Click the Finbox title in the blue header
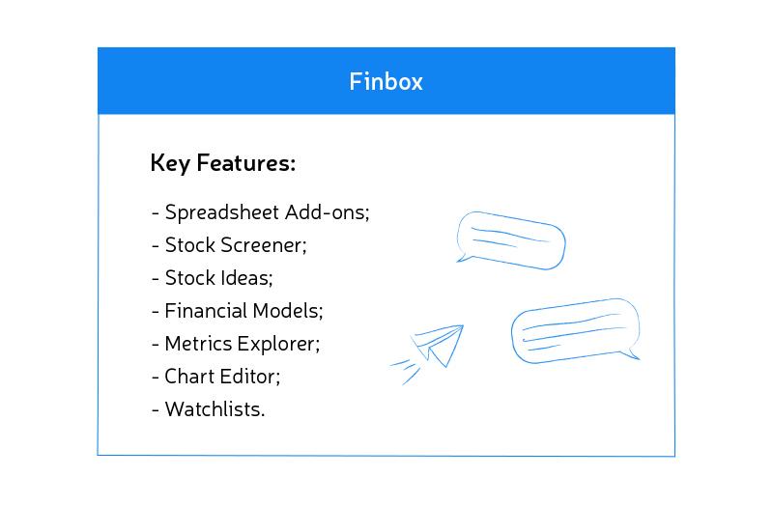386,81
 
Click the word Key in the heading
170,164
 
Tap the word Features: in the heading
246,164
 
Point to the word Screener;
264,245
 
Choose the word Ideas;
247,278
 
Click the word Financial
206,311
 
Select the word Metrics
195,344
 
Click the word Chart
188,377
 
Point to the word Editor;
249,377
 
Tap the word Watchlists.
215,409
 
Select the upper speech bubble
510,238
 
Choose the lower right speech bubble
575,330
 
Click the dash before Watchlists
156,410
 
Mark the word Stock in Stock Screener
188,245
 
